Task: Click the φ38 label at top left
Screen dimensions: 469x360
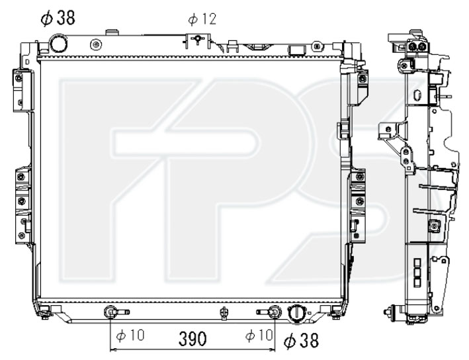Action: click(x=58, y=18)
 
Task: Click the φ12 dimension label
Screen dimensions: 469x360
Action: click(x=202, y=19)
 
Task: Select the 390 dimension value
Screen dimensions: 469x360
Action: click(x=192, y=339)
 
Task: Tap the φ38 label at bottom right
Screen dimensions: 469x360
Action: click(x=301, y=340)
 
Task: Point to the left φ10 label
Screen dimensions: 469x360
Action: click(x=130, y=335)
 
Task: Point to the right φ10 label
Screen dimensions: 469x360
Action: click(x=259, y=335)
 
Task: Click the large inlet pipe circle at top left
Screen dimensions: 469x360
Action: click(x=59, y=44)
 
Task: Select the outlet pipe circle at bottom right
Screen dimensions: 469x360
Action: click(x=296, y=314)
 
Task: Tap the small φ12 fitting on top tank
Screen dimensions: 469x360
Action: click(x=197, y=38)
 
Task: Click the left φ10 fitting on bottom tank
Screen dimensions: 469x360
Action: click(x=110, y=312)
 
